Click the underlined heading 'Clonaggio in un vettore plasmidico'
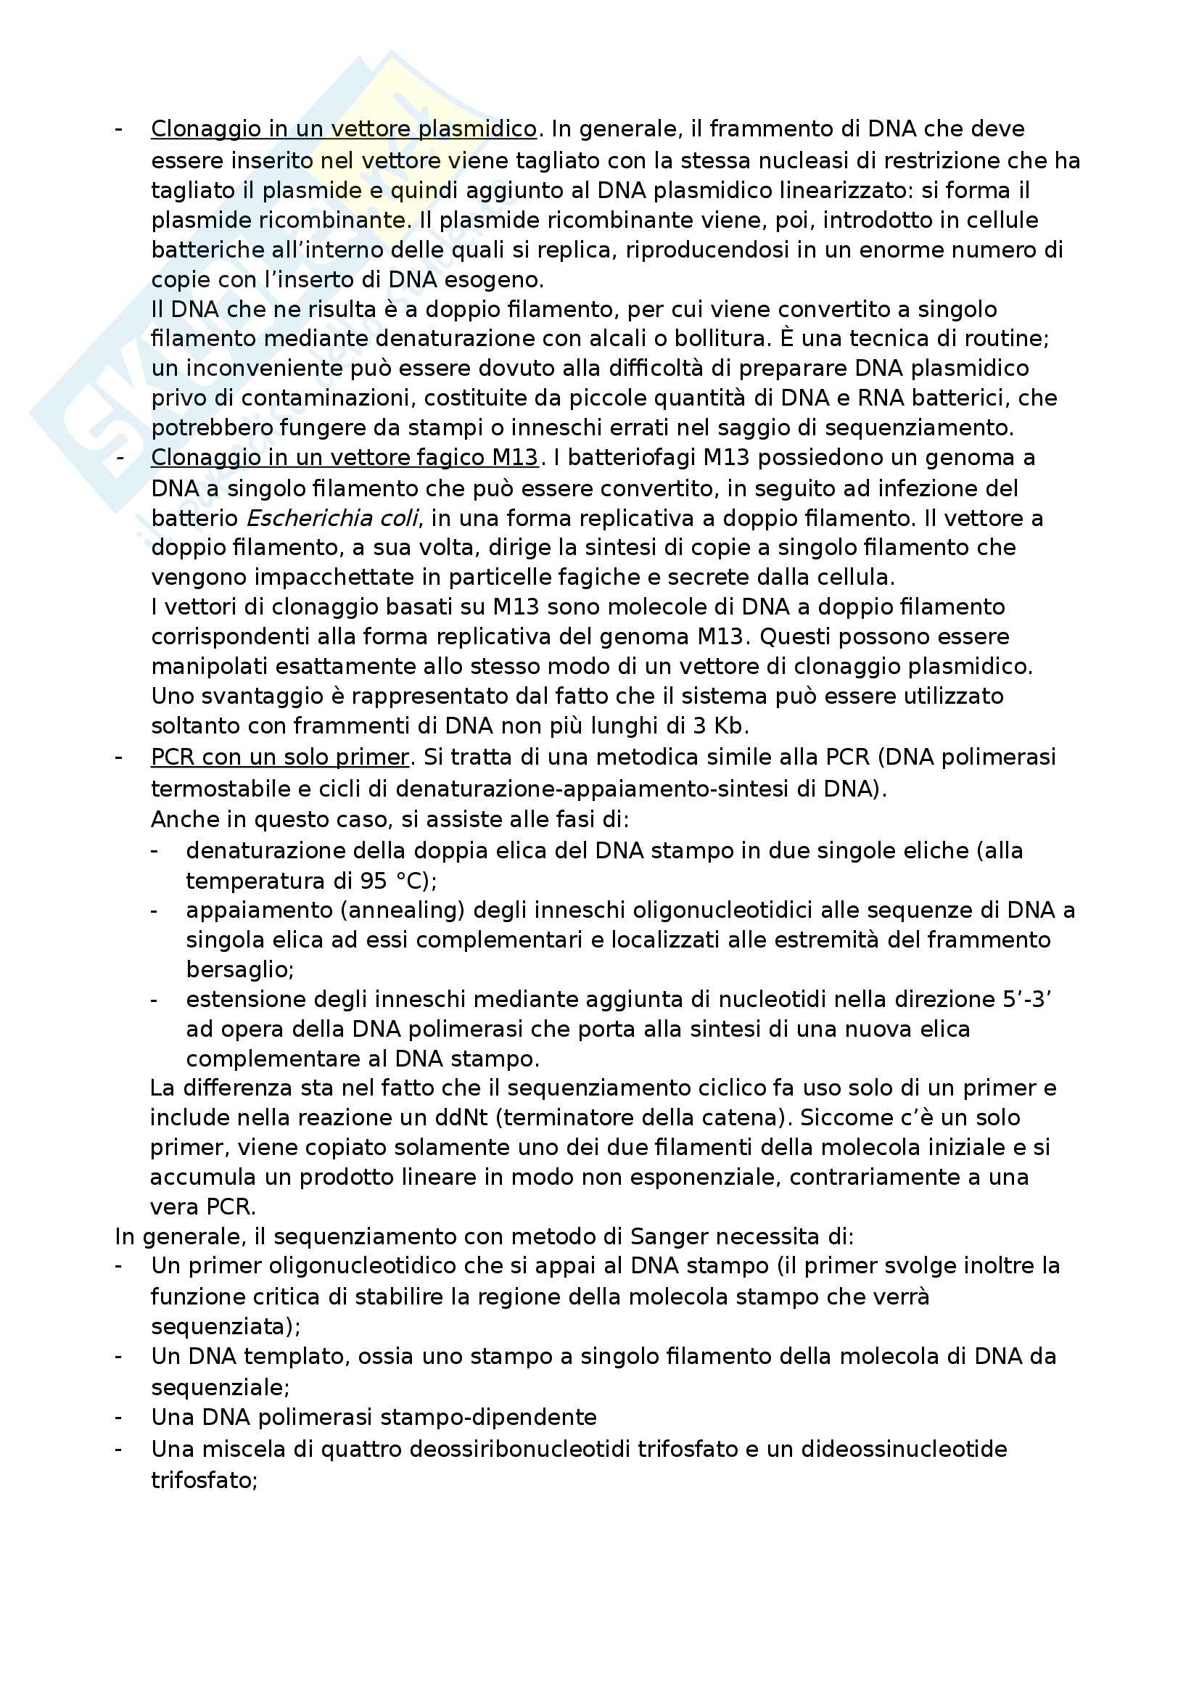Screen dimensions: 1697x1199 pos(344,129)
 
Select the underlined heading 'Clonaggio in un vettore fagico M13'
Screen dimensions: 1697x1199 pos(345,459)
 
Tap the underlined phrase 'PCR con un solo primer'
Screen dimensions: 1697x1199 pos(280,757)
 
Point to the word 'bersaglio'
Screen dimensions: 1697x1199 pos(238,970)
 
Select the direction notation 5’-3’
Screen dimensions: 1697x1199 pos(1027,1000)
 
